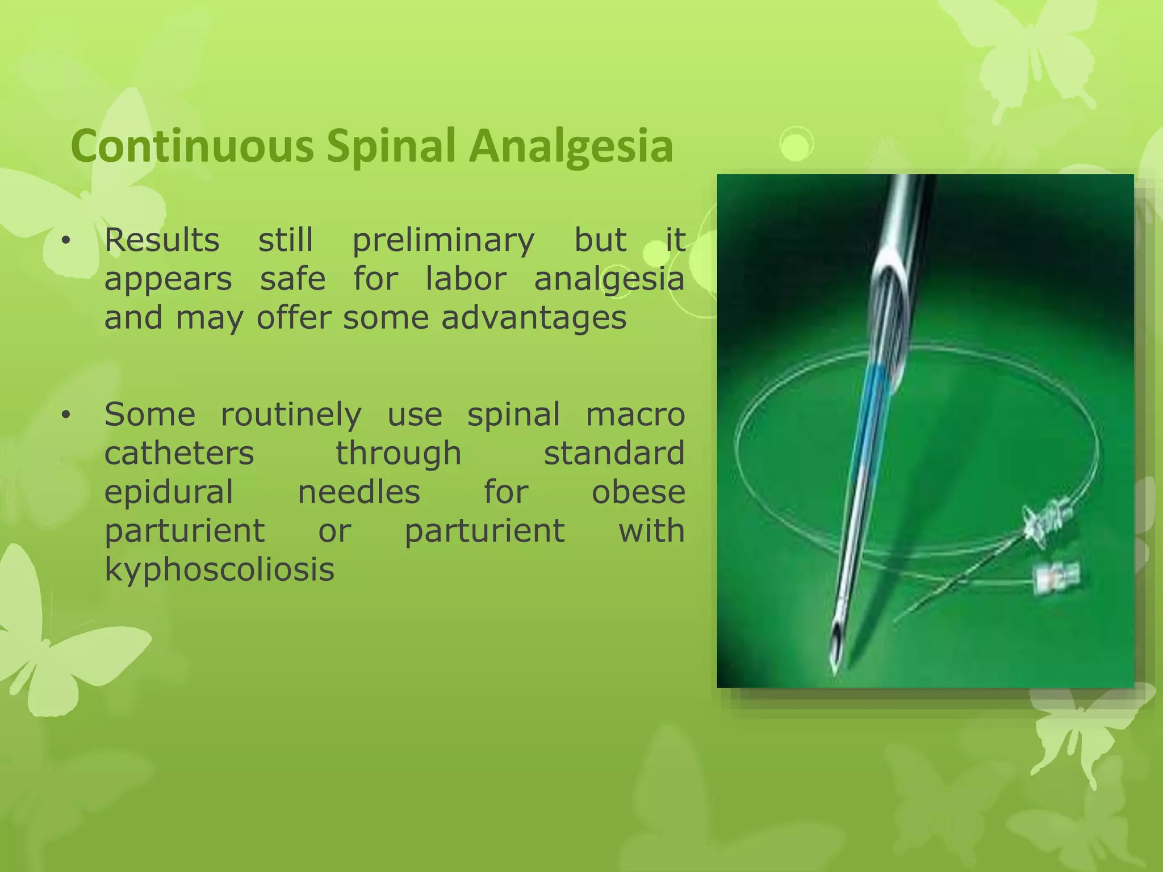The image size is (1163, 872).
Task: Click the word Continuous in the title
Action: [192, 146]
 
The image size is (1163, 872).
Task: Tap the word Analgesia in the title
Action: [571, 146]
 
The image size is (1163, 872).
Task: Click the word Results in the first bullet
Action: [162, 240]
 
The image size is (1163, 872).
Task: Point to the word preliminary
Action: [444, 240]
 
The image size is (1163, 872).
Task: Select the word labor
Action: [466, 279]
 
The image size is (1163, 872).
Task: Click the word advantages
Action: [534, 317]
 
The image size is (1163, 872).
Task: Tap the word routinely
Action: [291, 414]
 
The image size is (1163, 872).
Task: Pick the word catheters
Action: [179, 453]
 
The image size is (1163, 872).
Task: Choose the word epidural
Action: [169, 492]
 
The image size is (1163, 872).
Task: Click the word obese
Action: [638, 492]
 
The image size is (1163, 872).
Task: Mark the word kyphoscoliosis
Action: [219, 569]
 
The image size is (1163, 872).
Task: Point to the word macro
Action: [635, 414]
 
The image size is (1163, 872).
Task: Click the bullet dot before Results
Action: [66, 241]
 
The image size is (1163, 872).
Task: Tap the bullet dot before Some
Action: [66, 416]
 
